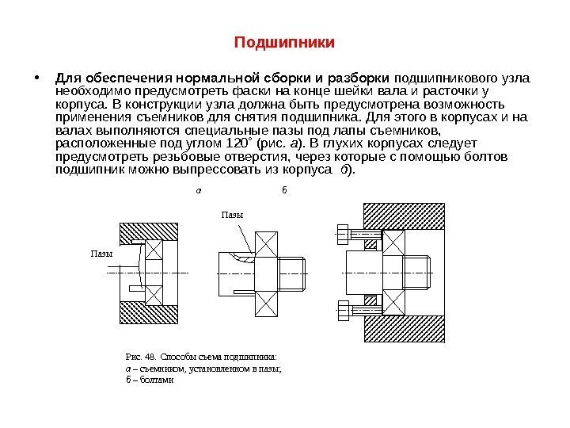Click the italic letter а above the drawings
tap(198, 191)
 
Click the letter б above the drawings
tap(283, 191)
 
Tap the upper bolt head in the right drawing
tap(342, 234)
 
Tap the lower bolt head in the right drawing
tap(342, 311)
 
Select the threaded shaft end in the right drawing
tap(417, 272)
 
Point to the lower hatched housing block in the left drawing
tap(150, 313)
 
